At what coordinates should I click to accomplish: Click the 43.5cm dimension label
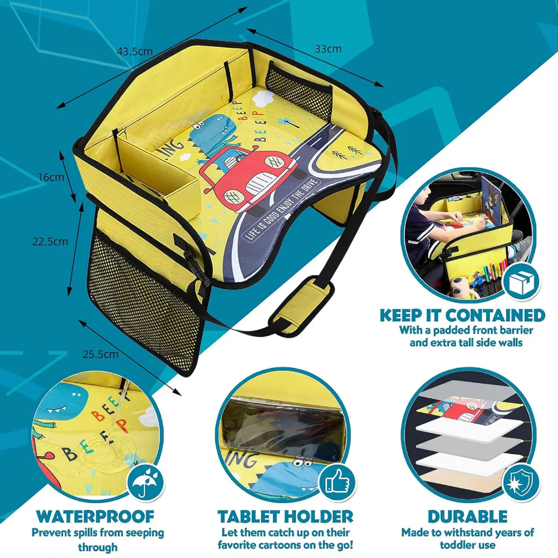pyautogui.click(x=135, y=52)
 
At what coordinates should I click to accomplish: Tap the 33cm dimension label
pyautogui.click(x=328, y=48)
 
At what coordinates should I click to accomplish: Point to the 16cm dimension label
pyautogui.click(x=51, y=177)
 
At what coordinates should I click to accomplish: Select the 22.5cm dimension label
pyautogui.click(x=50, y=241)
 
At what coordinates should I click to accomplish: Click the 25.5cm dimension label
pyautogui.click(x=100, y=354)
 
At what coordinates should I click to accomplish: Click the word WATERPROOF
pyautogui.click(x=95, y=517)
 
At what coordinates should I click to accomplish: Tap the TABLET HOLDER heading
pyautogui.click(x=286, y=517)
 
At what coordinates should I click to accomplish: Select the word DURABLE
pyautogui.click(x=468, y=517)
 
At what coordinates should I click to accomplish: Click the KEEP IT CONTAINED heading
pyautogui.click(x=462, y=316)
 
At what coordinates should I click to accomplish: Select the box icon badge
pyautogui.click(x=521, y=282)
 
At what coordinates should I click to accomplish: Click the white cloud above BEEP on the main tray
pyautogui.click(x=264, y=98)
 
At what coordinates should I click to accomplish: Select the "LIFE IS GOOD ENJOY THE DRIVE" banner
pyautogui.click(x=281, y=209)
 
